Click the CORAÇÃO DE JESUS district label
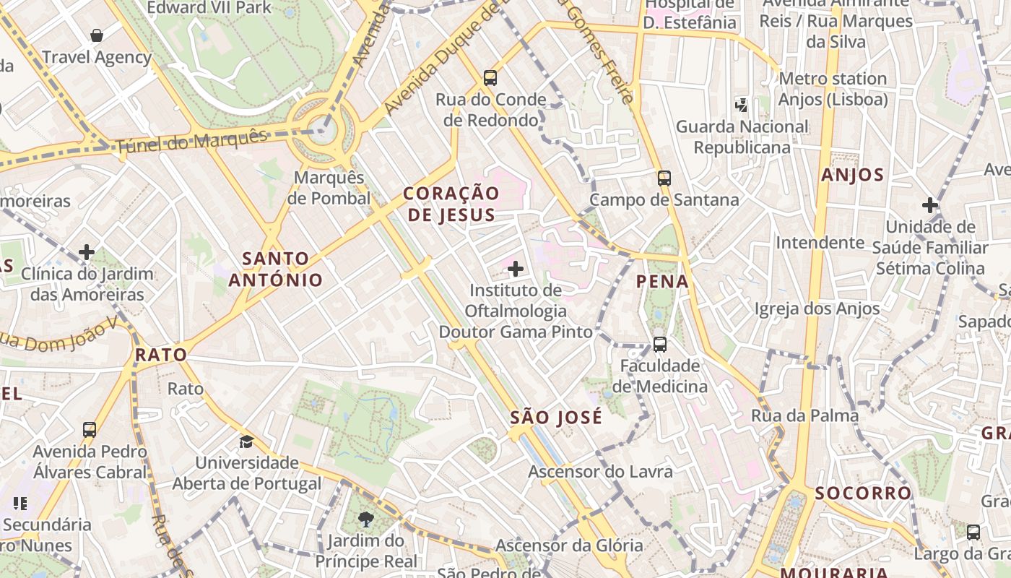[451, 204]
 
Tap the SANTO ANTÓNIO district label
[276, 269]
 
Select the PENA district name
[662, 282]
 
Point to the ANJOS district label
[852, 175]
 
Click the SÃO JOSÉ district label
[556, 418]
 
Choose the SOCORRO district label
[863, 493]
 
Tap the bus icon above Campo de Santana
[664, 178]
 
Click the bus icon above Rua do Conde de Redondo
[490, 78]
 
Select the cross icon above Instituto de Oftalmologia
[515, 269]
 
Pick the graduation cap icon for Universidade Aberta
[247, 441]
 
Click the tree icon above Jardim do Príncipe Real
[366, 519]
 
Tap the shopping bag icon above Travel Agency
[96, 35]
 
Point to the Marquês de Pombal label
[329, 188]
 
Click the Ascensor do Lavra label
[600, 472]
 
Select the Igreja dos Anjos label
[817, 309]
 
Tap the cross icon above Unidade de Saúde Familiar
[930, 205]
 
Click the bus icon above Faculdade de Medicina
[659, 345]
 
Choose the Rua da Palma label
[804, 415]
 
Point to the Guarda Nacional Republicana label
[742, 137]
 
